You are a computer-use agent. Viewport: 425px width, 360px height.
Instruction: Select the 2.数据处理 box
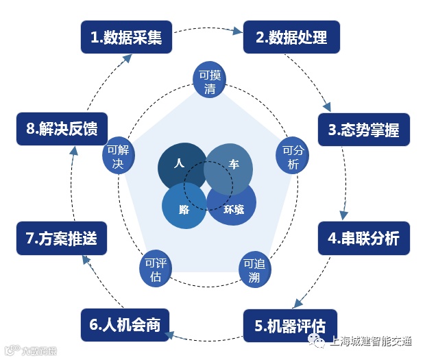tap(291, 37)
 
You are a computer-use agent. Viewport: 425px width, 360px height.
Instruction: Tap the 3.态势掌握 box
tap(363, 129)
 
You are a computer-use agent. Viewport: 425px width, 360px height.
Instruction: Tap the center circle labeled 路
tap(182, 206)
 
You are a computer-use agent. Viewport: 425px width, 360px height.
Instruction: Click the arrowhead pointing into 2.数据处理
tap(238, 31)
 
